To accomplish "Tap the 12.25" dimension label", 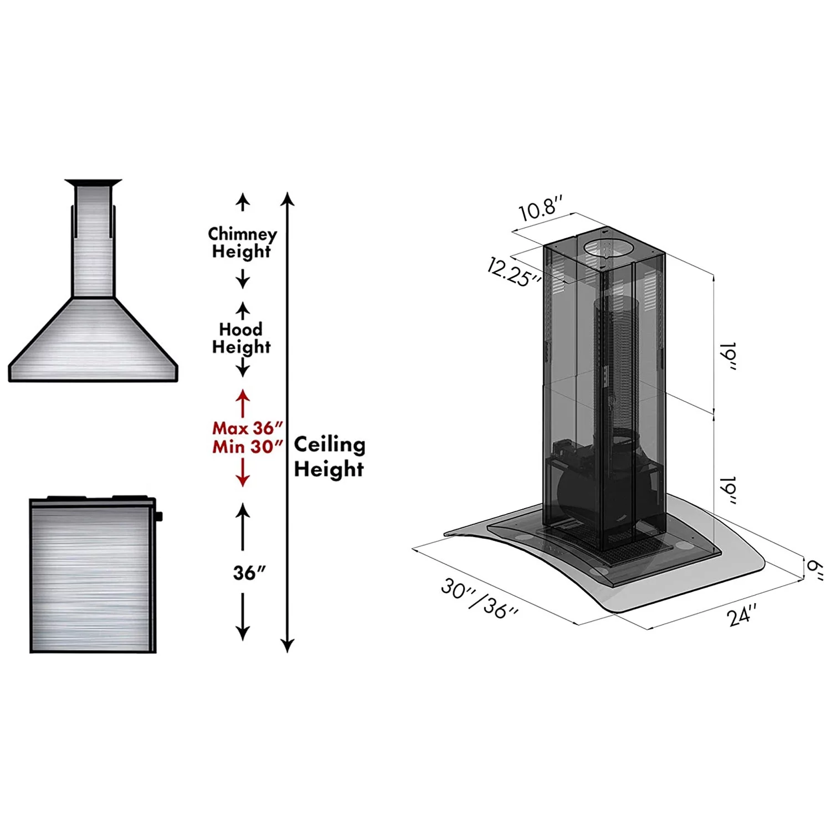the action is pos(515,272).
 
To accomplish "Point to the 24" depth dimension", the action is pos(742,615).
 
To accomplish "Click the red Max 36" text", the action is pos(248,428).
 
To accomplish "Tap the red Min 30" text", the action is pos(248,447).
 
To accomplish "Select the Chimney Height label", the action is pos(242,243).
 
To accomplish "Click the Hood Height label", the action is pos(242,338).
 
